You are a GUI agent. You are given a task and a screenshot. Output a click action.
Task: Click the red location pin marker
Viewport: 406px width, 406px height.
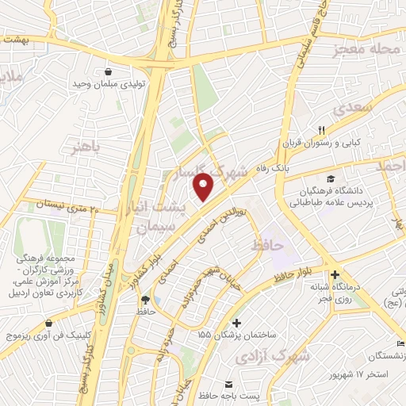204,188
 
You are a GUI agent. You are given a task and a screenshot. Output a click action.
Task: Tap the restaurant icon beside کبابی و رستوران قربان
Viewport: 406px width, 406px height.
321,130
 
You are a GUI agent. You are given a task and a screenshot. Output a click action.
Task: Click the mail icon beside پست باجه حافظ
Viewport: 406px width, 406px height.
229,373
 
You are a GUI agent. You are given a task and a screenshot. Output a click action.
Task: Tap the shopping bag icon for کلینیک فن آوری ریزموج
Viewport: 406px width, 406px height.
49,324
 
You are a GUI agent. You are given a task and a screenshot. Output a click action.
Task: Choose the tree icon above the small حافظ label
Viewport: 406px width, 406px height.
144,299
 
